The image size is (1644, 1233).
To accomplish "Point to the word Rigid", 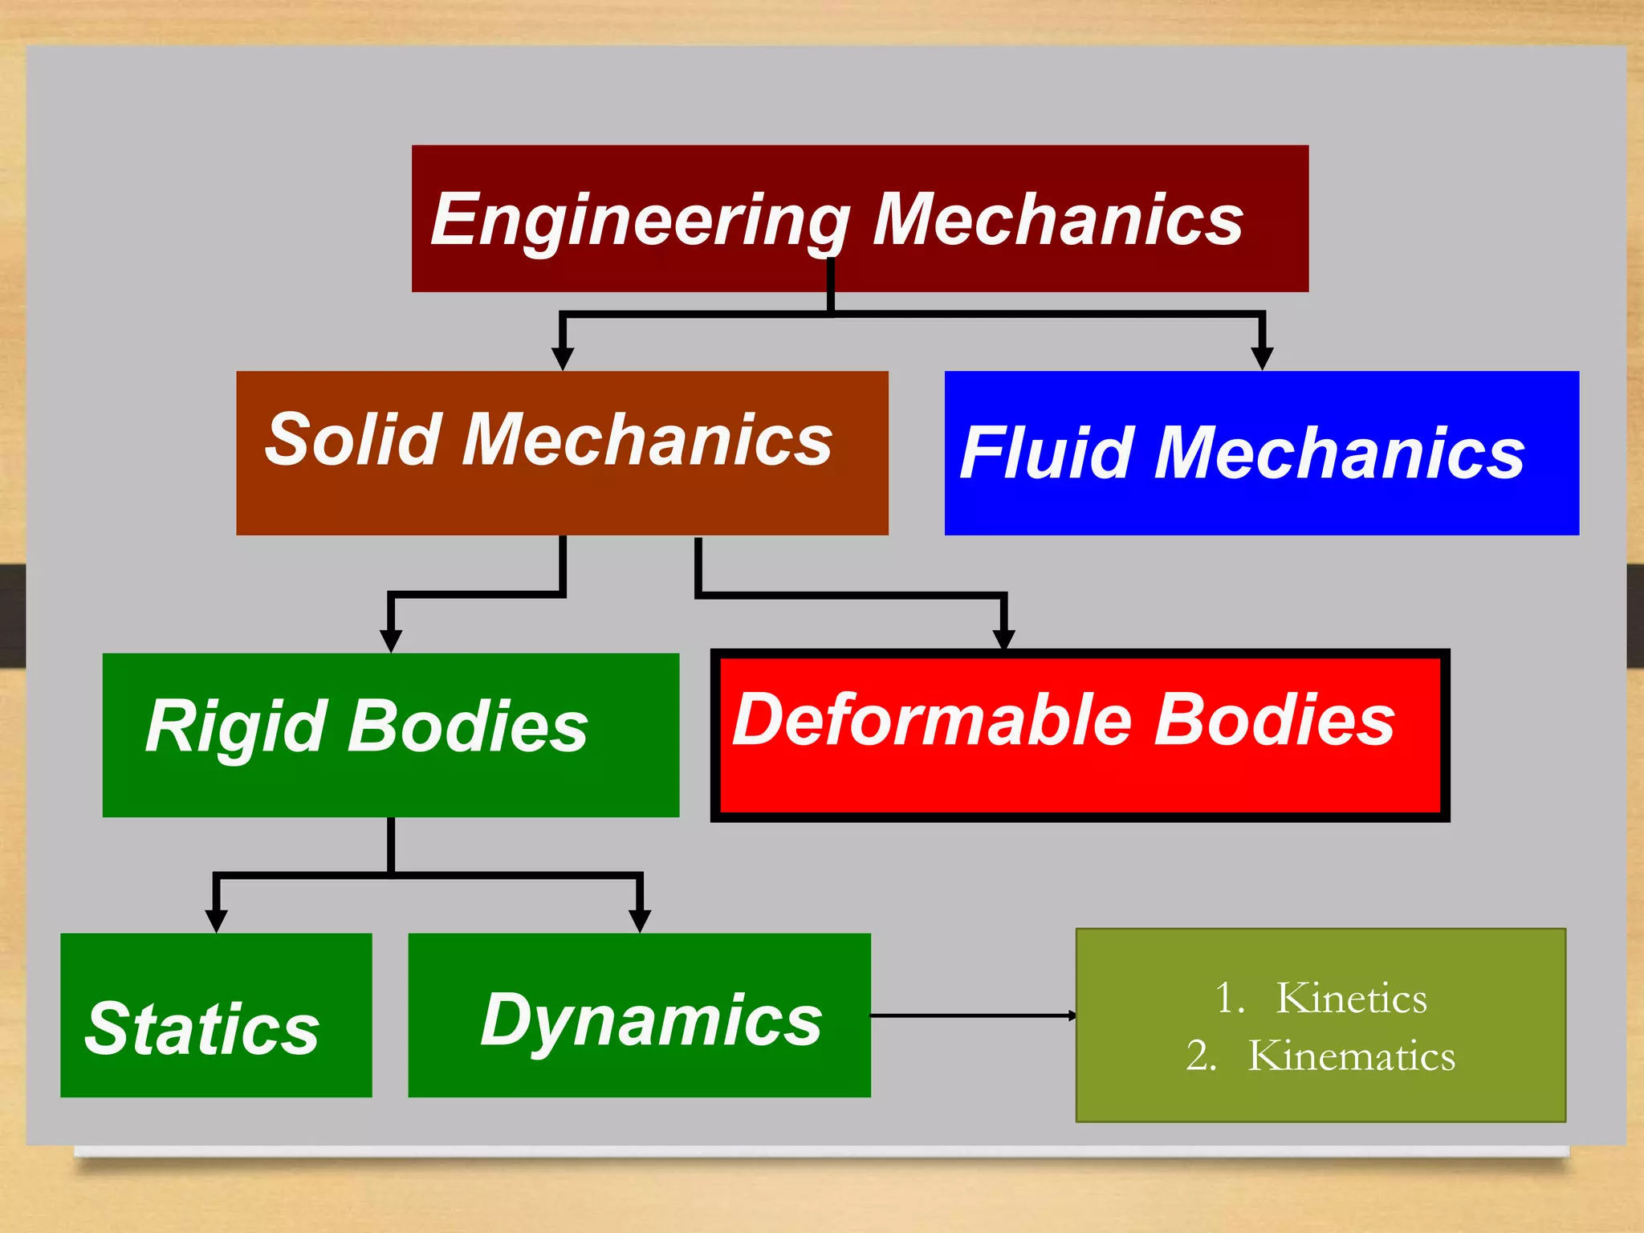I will coord(236,727).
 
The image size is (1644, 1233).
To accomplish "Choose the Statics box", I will coord(216,1015).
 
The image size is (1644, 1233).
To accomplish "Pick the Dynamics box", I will coord(639,1015).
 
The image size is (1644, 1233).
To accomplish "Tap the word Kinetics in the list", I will coord(1351,999).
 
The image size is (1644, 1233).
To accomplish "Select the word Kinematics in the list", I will coord(1351,1056).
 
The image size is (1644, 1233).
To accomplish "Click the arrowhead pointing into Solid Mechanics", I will coord(563,358).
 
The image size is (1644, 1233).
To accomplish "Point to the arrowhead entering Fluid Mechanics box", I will coord(1262,358).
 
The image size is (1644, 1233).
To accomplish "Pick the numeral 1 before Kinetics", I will coord(1226,999).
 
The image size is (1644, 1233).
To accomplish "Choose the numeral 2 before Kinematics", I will coord(1198,1056).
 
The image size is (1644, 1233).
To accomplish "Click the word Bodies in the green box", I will coord(467,726).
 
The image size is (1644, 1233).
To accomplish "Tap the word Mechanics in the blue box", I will coord(1339,454).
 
